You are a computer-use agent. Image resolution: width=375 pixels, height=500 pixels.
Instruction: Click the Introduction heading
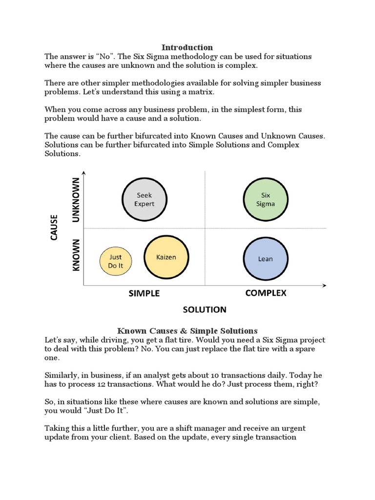tap(187, 47)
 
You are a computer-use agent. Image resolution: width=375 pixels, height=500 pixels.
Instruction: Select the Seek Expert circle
tap(144, 199)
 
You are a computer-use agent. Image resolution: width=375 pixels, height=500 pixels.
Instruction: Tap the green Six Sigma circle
tap(266, 199)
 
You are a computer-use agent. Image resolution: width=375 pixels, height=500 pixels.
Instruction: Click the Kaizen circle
tap(167, 257)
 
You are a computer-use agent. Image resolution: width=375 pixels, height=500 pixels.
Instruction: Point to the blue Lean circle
tap(265, 258)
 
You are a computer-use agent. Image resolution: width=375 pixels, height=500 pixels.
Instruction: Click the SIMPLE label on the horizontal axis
tap(144, 293)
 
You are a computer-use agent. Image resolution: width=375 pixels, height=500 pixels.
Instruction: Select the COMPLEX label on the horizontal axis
tap(266, 293)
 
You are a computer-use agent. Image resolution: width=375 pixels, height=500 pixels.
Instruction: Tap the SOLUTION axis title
tap(205, 310)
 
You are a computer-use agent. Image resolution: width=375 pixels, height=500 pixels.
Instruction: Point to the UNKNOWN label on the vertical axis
tap(76, 200)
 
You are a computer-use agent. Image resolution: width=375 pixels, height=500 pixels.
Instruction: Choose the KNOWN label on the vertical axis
tap(76, 255)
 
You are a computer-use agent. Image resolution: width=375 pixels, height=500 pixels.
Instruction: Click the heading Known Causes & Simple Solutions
tap(187, 331)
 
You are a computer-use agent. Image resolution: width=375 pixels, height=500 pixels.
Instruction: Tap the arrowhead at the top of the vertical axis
tap(84, 173)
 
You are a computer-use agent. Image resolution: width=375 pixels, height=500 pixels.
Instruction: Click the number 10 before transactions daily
tap(214, 375)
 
